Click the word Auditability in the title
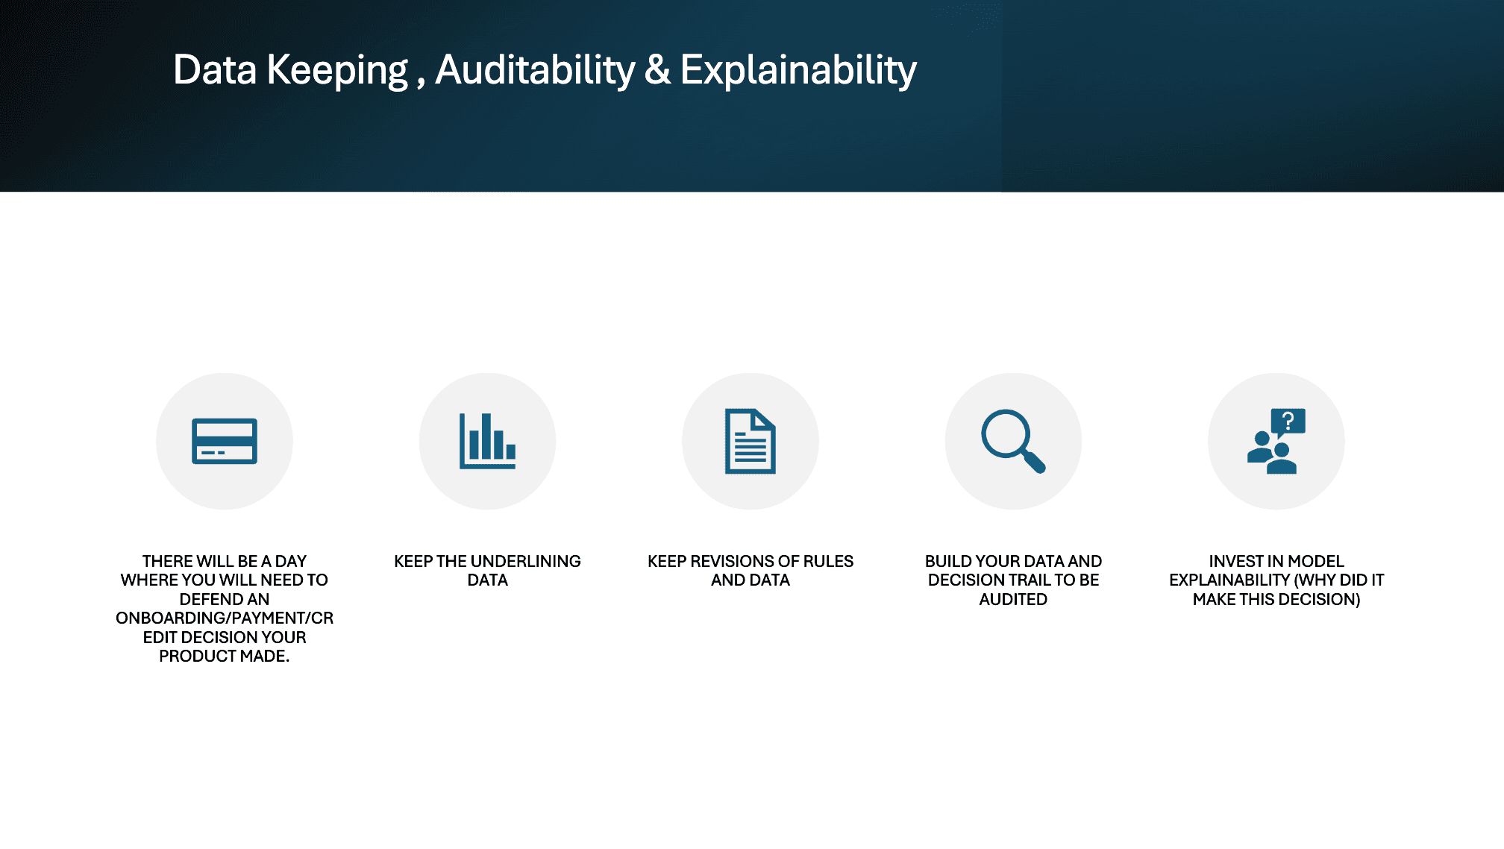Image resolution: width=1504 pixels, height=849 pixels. coord(534,70)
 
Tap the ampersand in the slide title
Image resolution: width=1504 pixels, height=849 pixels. coord(657,70)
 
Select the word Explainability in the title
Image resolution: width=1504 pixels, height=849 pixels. coord(798,70)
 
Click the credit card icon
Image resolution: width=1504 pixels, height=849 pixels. coord(225,442)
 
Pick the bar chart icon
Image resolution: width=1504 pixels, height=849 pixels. coord(487,442)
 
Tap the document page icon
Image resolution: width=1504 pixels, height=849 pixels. coord(751,442)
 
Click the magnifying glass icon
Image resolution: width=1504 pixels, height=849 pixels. coord(1012,442)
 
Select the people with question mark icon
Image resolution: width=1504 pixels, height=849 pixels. coord(1276,442)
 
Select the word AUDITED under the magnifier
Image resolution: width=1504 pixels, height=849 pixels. coord(1013,599)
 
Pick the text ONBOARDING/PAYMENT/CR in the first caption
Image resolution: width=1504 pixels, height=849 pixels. coord(225,618)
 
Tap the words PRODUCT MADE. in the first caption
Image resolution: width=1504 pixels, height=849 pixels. coord(225,656)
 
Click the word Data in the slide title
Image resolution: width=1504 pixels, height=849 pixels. coord(215,70)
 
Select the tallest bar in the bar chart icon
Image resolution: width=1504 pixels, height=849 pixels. coord(486,436)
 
